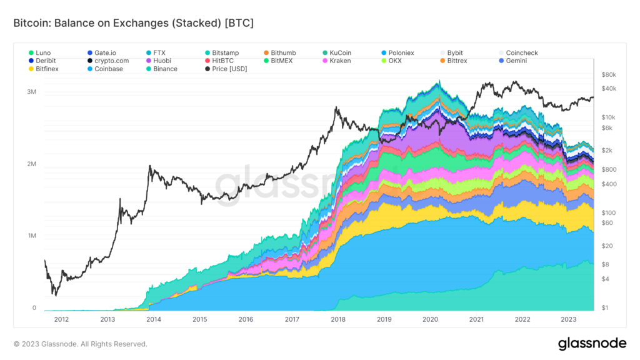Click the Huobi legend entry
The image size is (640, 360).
(x=162, y=61)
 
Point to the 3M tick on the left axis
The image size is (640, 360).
(x=31, y=92)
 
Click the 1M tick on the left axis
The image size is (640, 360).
(x=31, y=236)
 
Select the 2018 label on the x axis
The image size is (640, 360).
(x=338, y=319)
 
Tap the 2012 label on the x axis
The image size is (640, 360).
(x=61, y=319)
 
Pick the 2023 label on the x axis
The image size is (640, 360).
(x=568, y=319)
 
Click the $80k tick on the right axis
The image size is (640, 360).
(x=608, y=74)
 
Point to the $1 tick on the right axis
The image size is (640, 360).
(x=604, y=308)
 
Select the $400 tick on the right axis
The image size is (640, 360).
(x=609, y=184)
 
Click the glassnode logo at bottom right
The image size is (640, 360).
(x=592, y=344)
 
